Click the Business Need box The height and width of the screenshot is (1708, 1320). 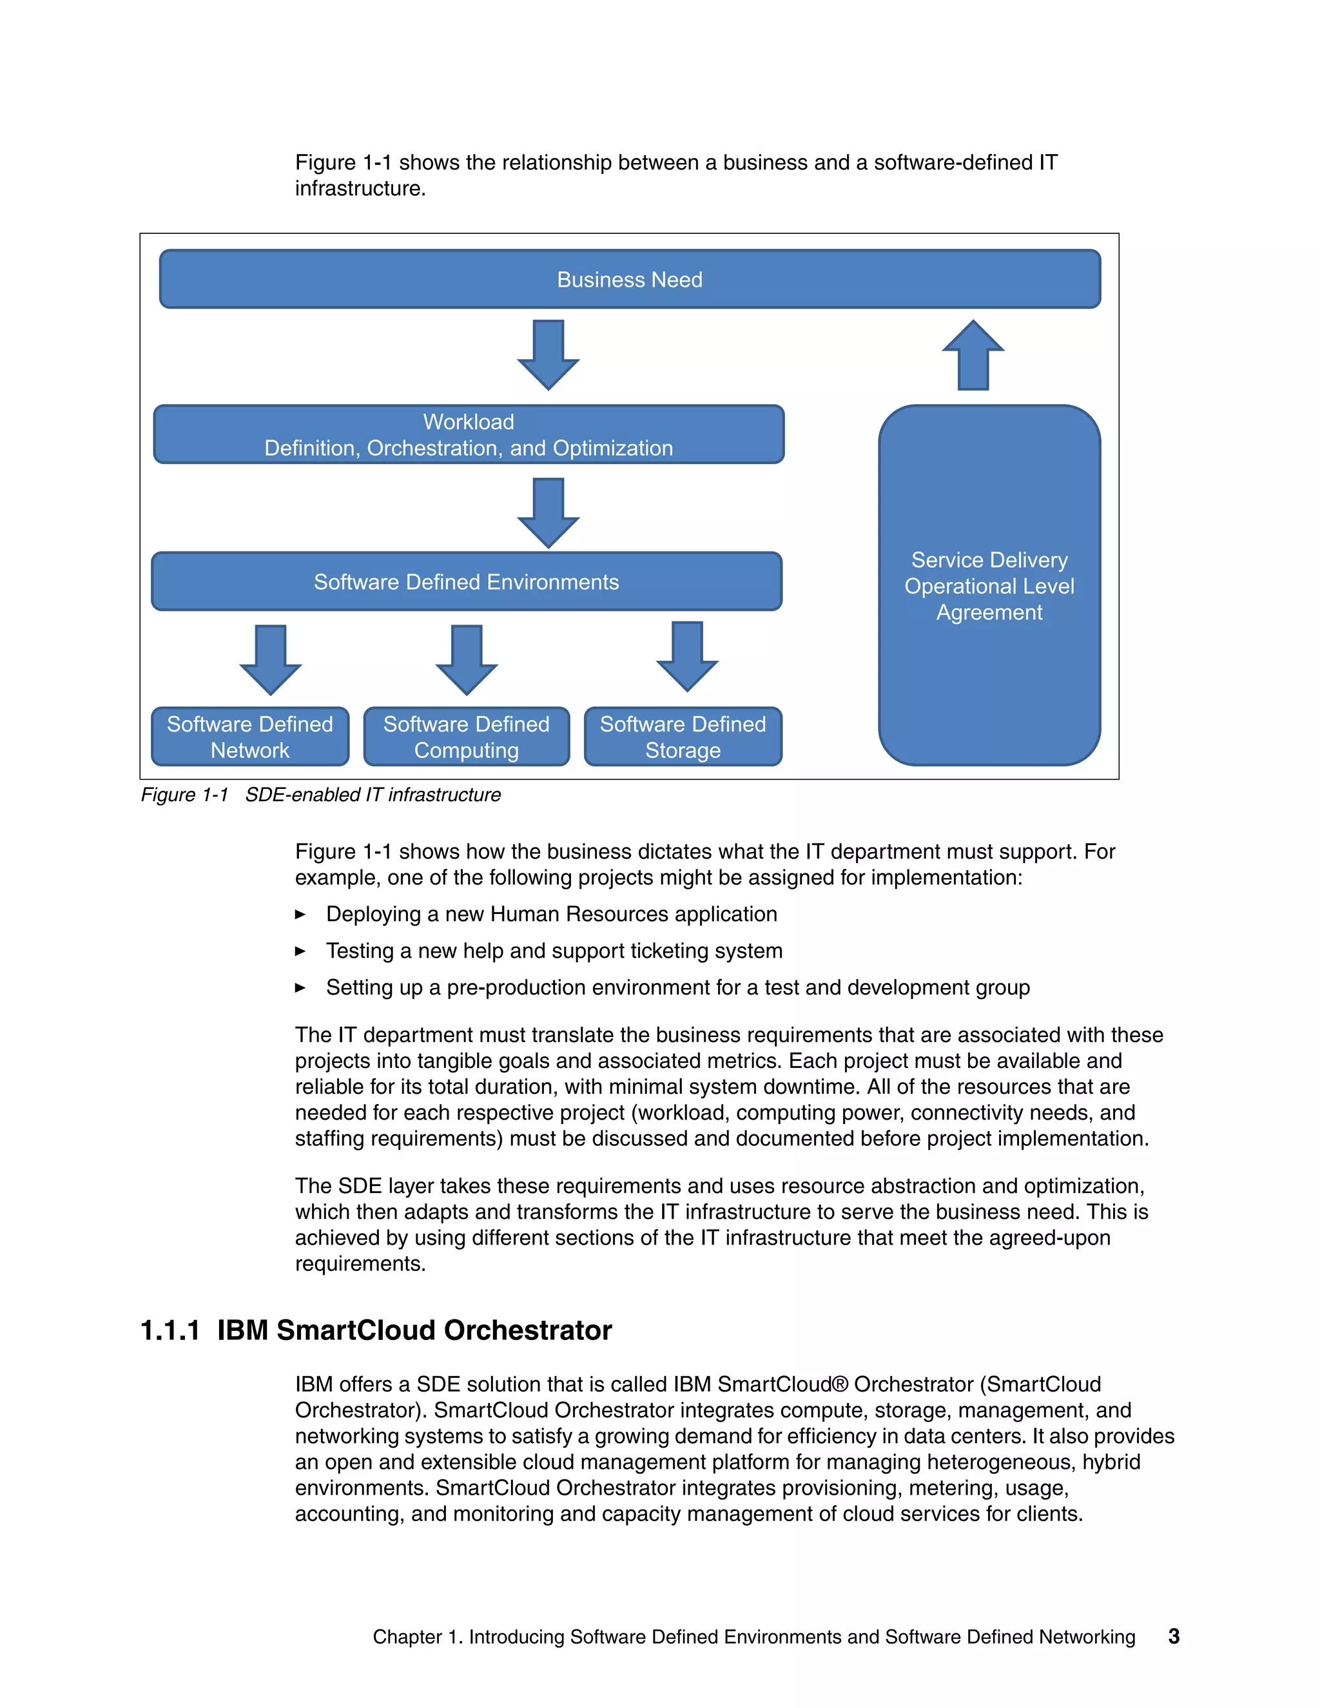click(630, 279)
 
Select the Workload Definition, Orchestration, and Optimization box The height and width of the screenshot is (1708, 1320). click(469, 435)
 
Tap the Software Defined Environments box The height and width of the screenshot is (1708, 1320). click(466, 582)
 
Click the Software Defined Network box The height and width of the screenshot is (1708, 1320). click(249, 737)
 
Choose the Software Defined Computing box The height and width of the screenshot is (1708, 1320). click(466, 737)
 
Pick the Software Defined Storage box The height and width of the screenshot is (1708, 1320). click(683, 737)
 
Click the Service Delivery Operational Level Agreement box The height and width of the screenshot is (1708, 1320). click(989, 586)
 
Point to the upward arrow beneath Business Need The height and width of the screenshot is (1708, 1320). click(973, 356)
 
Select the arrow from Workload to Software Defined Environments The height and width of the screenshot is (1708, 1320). click(548, 514)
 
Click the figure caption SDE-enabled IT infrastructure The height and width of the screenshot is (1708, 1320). click(373, 795)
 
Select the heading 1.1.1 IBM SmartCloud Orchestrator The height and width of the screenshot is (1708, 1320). click(375, 1330)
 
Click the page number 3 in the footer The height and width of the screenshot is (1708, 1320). click(1173, 1636)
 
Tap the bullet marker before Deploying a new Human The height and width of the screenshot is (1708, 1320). click(300, 914)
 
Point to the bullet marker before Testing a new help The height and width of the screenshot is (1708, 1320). click(300, 951)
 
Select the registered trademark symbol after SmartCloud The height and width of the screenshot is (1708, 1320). click(840, 1384)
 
